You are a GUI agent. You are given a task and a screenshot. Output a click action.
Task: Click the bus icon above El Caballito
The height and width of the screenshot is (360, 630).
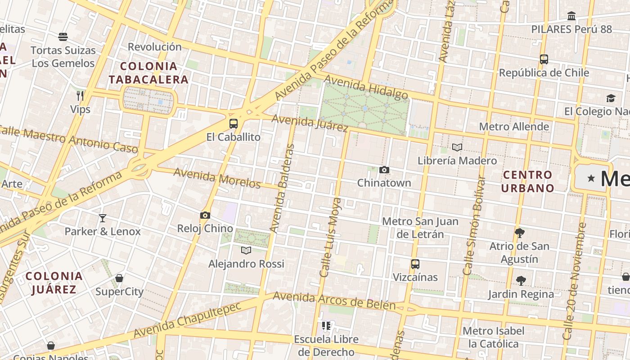pyautogui.click(x=233, y=124)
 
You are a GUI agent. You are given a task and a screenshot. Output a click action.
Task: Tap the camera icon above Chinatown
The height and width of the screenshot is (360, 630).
pyautogui.click(x=384, y=170)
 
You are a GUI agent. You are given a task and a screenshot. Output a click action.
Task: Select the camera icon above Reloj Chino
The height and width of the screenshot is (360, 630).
pyautogui.click(x=205, y=216)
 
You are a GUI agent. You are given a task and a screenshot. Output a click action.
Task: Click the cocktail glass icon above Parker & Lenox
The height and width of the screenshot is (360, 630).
pyautogui.click(x=103, y=218)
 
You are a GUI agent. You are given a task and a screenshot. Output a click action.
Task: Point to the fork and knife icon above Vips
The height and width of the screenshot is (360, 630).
pyautogui.click(x=80, y=95)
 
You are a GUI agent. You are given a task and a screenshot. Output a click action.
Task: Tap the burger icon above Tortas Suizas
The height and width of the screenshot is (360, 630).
pyautogui.click(x=63, y=36)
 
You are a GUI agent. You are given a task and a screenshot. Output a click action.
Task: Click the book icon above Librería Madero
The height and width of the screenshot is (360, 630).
pyautogui.click(x=457, y=147)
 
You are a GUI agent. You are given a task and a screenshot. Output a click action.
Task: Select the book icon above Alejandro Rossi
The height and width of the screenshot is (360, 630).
pyautogui.click(x=246, y=250)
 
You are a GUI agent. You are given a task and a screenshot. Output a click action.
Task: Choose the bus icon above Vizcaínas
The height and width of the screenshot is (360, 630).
pyautogui.click(x=415, y=264)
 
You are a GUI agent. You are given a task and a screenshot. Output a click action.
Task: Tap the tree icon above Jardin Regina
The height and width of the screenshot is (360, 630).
pyautogui.click(x=521, y=281)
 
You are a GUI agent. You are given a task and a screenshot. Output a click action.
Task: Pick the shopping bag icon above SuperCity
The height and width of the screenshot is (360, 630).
pyautogui.click(x=119, y=278)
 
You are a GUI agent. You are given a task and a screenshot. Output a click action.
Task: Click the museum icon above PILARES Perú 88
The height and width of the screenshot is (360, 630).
pyautogui.click(x=571, y=16)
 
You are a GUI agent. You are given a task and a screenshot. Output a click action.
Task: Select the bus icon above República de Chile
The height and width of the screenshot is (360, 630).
pyautogui.click(x=544, y=59)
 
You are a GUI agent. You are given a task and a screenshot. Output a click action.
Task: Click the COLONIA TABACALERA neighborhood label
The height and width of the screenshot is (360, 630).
pyautogui.click(x=148, y=73)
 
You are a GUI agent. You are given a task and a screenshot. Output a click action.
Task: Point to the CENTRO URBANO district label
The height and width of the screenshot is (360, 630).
pyautogui.click(x=527, y=181)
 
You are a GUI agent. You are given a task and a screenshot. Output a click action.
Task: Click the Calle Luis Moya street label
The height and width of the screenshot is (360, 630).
pyautogui.click(x=330, y=237)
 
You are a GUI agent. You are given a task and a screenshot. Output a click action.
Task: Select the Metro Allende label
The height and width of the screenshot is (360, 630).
pyautogui.click(x=514, y=126)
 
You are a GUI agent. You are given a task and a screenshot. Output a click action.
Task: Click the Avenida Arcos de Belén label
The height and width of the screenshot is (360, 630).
pyautogui.click(x=334, y=301)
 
